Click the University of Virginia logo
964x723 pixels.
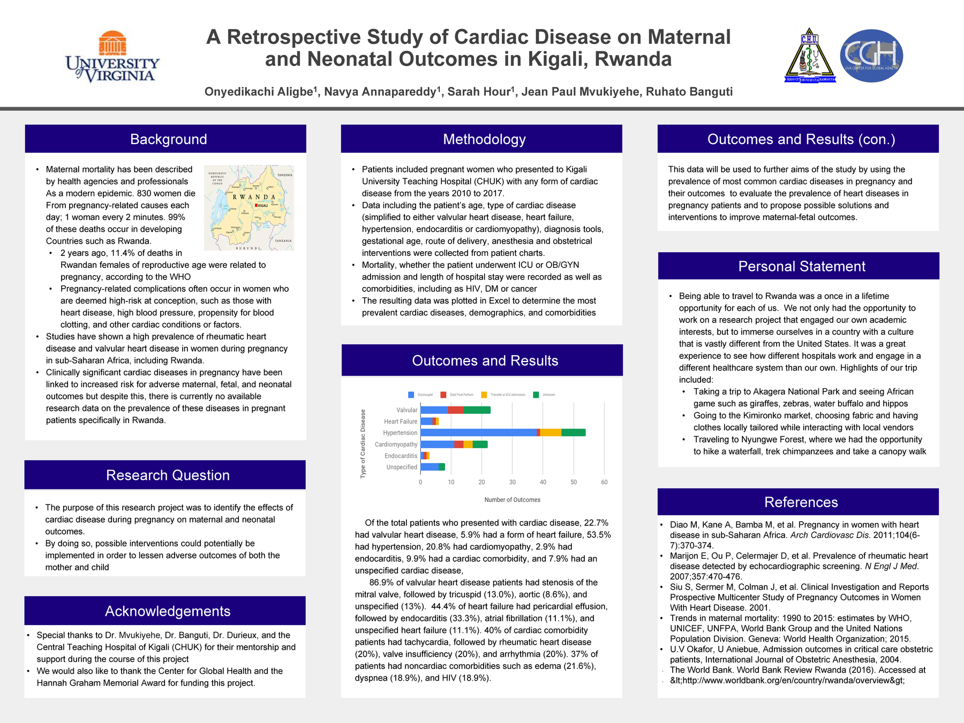(x=112, y=57)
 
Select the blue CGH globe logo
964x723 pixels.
(x=871, y=56)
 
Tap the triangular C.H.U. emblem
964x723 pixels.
(x=809, y=56)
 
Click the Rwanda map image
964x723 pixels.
(x=249, y=208)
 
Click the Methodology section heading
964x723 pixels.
(x=484, y=139)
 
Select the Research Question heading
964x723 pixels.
(x=168, y=475)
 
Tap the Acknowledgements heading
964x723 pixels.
(x=168, y=611)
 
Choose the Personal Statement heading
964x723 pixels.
(x=802, y=266)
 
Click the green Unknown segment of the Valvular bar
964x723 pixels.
(x=477, y=410)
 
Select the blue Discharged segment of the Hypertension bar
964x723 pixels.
(x=478, y=433)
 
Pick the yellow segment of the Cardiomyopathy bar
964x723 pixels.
(x=468, y=445)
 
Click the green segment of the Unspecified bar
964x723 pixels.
(x=442, y=467)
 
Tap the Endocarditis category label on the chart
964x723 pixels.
(x=401, y=456)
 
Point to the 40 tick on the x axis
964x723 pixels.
(x=543, y=482)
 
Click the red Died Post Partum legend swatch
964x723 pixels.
(x=443, y=395)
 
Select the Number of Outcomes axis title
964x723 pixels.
(x=512, y=500)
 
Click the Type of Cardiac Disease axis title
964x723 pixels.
(x=363, y=443)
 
